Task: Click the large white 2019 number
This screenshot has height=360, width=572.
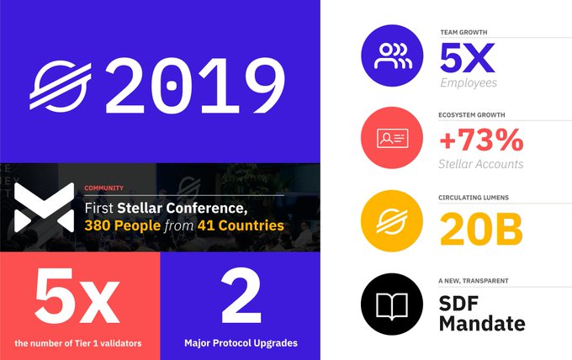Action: click(195, 86)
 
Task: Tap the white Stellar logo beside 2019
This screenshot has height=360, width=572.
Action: click(61, 87)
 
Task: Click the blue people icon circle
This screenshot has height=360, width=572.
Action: click(392, 56)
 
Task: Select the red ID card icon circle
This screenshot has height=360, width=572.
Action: click(392, 138)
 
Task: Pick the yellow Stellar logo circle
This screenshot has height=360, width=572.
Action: click(392, 220)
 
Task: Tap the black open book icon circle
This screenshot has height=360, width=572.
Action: click(392, 304)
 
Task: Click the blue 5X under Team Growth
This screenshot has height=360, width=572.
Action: click(468, 58)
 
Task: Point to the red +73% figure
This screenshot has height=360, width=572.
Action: click(481, 140)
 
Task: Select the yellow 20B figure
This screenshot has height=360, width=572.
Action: click(481, 230)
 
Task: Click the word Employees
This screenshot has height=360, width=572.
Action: click(469, 82)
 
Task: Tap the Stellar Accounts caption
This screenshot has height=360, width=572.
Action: click(481, 164)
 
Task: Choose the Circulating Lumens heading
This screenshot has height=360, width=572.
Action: click(474, 198)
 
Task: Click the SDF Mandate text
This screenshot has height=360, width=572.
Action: click(482, 313)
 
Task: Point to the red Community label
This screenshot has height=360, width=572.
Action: click(104, 188)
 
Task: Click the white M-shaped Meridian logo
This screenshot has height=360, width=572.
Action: click(44, 207)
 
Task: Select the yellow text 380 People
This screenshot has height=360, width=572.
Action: click(123, 225)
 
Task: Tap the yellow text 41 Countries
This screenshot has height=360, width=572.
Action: click(241, 225)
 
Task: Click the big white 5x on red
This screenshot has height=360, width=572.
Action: click(77, 296)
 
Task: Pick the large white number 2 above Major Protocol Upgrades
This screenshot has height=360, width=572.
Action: click(241, 296)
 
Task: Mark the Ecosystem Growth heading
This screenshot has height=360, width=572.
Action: click(472, 115)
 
